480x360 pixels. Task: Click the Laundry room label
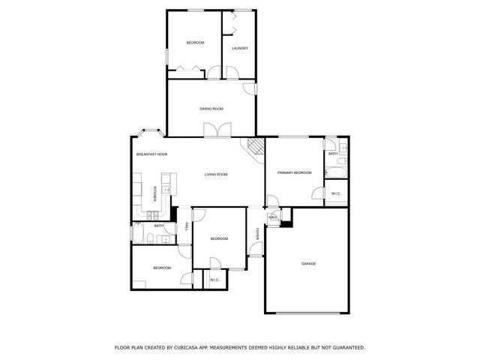pos(240,49)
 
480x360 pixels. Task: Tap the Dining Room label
pos(211,109)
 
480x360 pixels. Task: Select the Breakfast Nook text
pos(151,154)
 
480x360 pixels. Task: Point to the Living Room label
pos(216,175)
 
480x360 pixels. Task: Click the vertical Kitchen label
pos(154,194)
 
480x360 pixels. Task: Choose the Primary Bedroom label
pos(294,173)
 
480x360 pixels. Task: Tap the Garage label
pos(308,264)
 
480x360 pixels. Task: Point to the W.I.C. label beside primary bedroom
pos(336,194)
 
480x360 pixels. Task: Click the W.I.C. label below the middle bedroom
pos(214,280)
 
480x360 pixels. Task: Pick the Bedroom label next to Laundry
pos(195,43)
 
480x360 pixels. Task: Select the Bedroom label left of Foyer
pos(219,238)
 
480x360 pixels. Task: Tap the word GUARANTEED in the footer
pos(341,348)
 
